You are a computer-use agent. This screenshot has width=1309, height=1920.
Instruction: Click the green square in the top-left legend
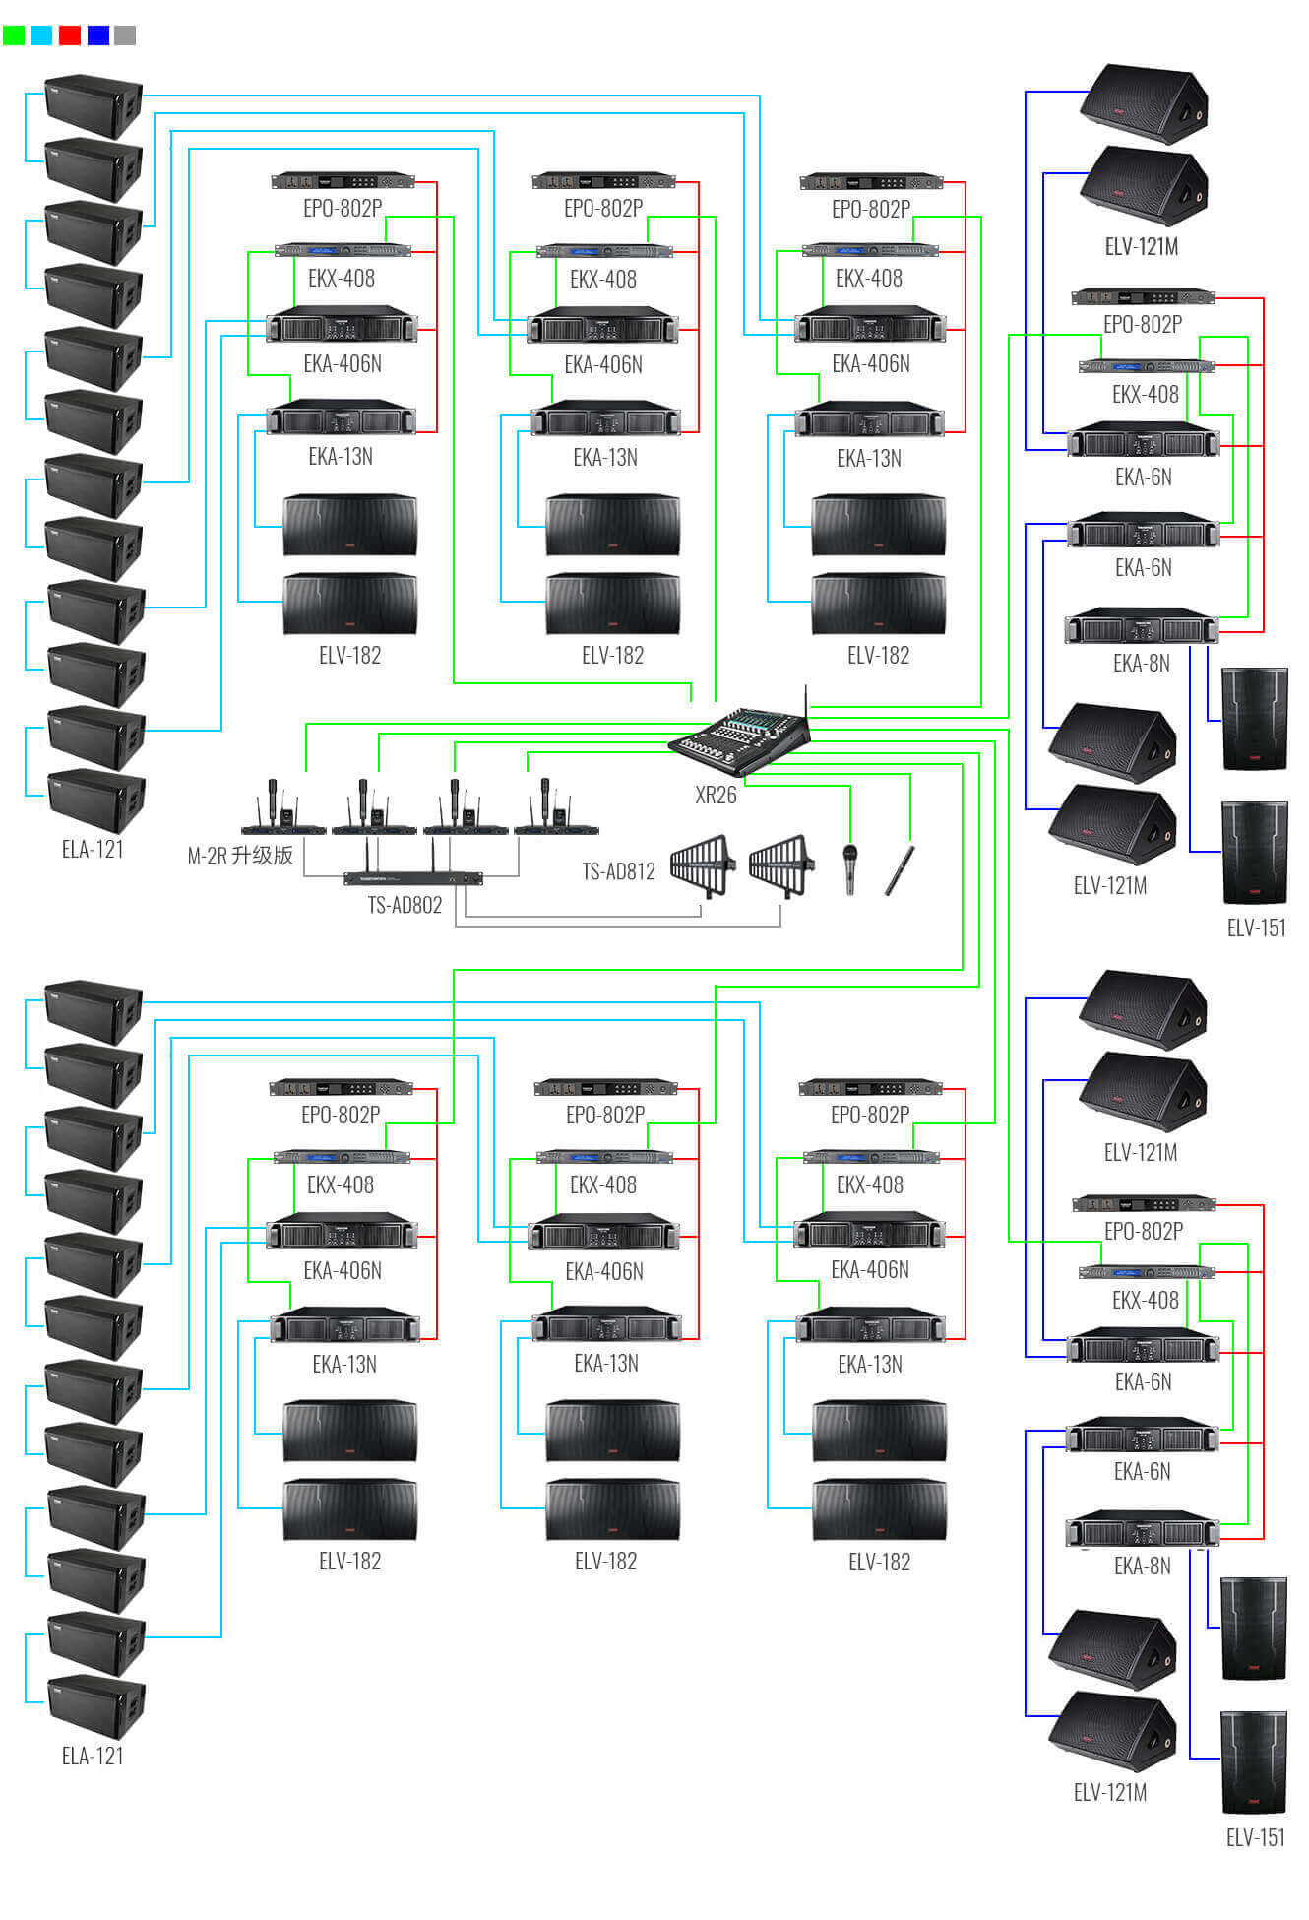[14, 35]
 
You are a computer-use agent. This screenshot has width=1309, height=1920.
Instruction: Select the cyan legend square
[41, 35]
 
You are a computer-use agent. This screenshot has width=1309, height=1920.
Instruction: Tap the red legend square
[70, 35]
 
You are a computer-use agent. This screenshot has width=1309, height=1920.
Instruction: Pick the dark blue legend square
[98, 35]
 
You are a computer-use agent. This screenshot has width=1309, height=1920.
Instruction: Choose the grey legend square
[125, 35]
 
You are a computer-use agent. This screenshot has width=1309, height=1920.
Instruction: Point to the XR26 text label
[716, 796]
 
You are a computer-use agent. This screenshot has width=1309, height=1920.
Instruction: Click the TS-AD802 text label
[405, 905]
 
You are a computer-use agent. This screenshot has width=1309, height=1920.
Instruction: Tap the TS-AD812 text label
[618, 871]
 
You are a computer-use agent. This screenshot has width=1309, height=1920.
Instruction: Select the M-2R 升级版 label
[240, 855]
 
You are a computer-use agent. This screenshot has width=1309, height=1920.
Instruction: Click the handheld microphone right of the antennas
[850, 868]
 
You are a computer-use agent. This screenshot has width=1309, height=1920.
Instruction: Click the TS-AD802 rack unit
[413, 877]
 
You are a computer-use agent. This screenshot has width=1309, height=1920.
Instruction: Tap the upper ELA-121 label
[93, 849]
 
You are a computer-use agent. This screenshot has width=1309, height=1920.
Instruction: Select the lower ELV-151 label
[1256, 1837]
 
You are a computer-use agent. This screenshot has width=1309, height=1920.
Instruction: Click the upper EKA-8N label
[1142, 664]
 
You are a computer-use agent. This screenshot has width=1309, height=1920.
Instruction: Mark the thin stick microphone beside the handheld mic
[900, 870]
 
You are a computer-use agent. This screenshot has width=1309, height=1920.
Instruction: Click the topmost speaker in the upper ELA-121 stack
[94, 105]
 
